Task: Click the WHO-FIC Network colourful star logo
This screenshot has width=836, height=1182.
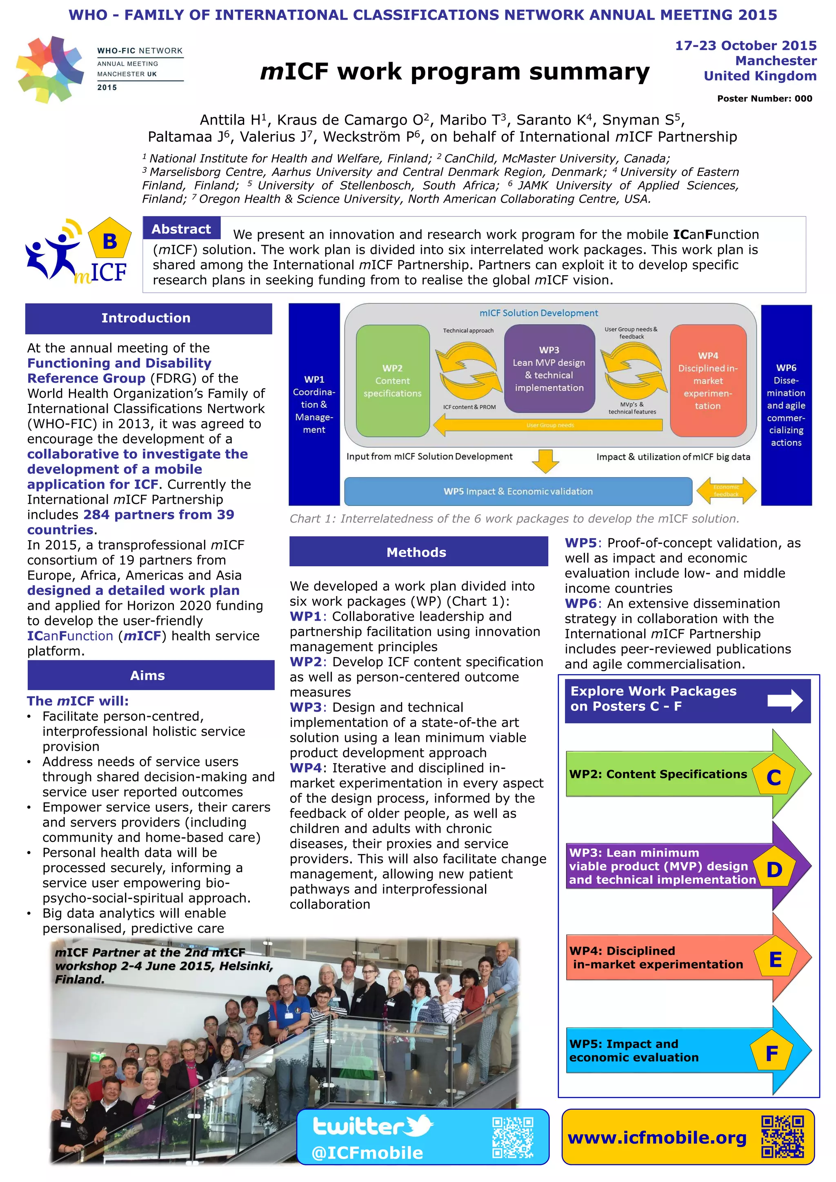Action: coord(50,69)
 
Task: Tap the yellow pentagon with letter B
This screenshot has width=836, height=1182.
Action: coord(110,240)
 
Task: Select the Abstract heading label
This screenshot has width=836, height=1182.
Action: coord(181,229)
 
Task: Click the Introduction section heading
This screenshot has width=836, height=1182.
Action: coord(148,318)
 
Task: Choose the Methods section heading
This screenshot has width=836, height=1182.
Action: coord(418,552)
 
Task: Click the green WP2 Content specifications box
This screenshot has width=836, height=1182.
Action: coord(392,381)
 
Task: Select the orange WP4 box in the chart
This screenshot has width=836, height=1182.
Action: coord(708,381)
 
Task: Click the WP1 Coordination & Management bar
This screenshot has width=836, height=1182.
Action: coord(314,404)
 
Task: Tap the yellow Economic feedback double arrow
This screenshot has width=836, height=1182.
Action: coord(726,491)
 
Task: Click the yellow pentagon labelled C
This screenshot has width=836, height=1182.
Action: coord(773,777)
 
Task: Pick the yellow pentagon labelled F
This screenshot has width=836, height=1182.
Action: coord(772,1053)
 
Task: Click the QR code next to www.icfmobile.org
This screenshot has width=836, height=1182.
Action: coord(782,1136)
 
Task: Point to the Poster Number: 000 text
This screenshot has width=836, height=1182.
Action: coord(765,99)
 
